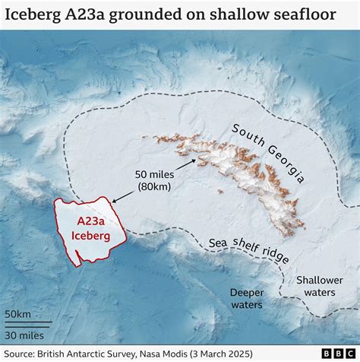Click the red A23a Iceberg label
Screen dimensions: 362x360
tap(90, 229)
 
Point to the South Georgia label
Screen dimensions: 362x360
tap(269, 152)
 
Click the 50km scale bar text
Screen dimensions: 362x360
tap(18, 314)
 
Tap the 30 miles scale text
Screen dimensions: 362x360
tap(24, 335)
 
